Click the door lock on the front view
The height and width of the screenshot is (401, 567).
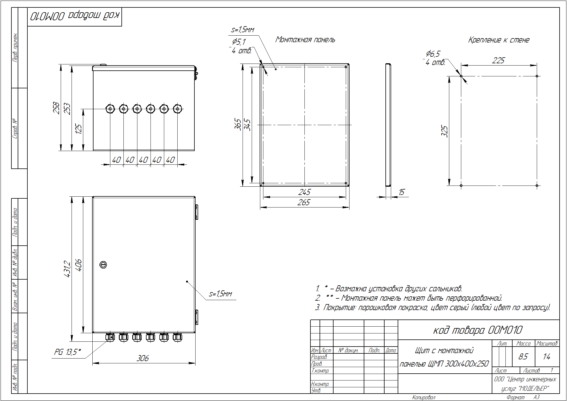[x=103, y=265]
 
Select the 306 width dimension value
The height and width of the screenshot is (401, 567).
[x=143, y=358]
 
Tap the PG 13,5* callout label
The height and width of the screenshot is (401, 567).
[x=68, y=352]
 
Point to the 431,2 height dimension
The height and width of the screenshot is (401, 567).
[x=67, y=269]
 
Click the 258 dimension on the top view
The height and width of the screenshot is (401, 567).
[x=56, y=108]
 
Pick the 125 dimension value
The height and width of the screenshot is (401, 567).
[x=78, y=129]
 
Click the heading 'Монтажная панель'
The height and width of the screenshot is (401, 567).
[x=305, y=40]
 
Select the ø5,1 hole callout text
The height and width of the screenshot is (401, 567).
[x=239, y=42]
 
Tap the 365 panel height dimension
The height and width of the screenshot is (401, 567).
[x=238, y=124]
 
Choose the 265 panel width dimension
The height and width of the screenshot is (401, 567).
[x=304, y=202]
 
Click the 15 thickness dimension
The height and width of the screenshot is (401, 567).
[x=401, y=192]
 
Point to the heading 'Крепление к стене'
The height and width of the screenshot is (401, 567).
[x=499, y=40]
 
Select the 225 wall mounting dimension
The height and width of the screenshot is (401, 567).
[x=498, y=60]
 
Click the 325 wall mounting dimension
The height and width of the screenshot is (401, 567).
[x=444, y=131]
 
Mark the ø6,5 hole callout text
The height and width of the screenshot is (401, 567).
[x=433, y=54]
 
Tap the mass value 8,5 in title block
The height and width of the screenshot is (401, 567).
[x=523, y=357]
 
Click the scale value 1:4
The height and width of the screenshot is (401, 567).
[x=546, y=357]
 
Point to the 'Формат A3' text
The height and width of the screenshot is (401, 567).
[x=523, y=397]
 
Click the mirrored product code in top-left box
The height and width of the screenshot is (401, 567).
[x=75, y=16]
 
